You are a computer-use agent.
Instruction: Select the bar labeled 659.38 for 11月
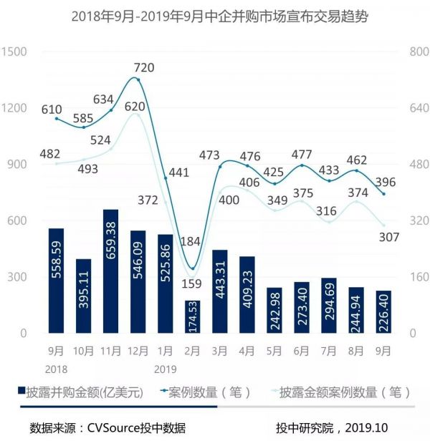tap(110, 271)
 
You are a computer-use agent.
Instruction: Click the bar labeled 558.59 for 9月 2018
tap(56, 281)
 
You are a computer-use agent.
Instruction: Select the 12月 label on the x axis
tap(138, 351)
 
